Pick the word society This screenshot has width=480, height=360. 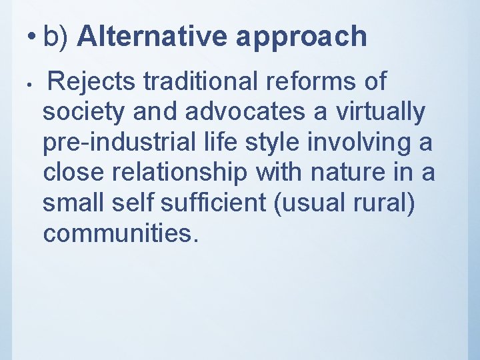coord(83,113)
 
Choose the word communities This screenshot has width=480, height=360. coord(120,234)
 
